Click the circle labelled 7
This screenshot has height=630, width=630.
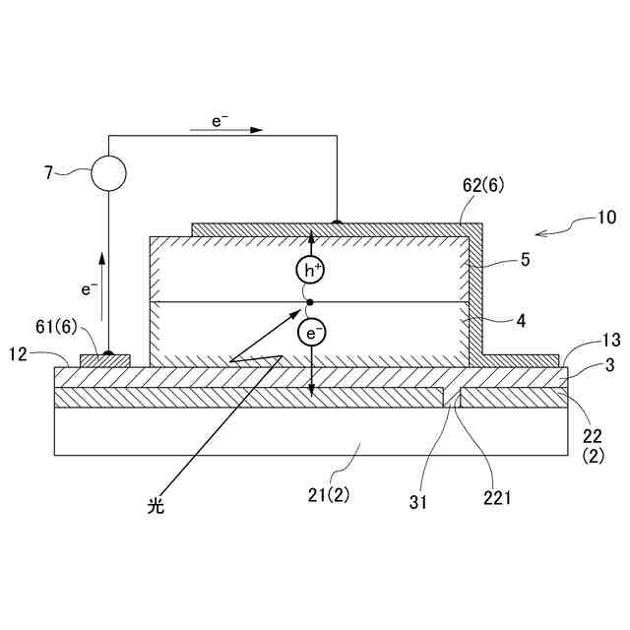[x=108, y=174]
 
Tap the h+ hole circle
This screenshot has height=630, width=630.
[x=311, y=269]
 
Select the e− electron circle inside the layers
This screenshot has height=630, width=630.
[x=311, y=334]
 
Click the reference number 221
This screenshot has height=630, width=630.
[x=497, y=498]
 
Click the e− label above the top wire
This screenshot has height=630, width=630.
[x=220, y=120]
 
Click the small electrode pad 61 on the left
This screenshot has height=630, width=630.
[x=104, y=360]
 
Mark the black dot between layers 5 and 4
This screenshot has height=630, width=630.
[x=311, y=302]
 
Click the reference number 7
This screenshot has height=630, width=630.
[x=47, y=172]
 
